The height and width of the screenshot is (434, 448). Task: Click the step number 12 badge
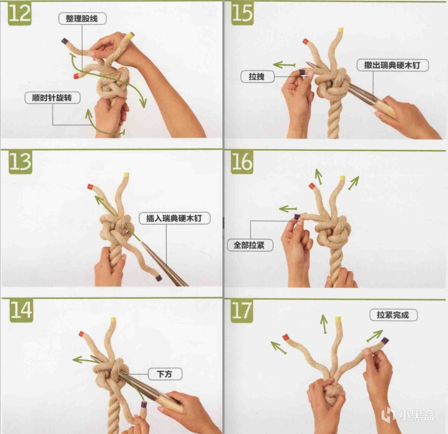click(x=20, y=14)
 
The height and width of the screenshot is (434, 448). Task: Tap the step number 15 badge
click(x=242, y=13)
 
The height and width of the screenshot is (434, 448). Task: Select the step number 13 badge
click(x=20, y=162)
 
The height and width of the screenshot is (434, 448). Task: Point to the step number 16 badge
click(x=242, y=162)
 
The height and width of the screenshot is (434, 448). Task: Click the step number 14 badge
click(x=21, y=311)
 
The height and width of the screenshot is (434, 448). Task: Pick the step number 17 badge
click(x=242, y=311)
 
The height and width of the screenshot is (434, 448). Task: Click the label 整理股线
click(x=82, y=19)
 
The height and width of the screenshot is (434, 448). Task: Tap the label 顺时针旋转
click(x=52, y=98)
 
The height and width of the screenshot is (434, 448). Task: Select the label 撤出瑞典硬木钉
click(x=392, y=65)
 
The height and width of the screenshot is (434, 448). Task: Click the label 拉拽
click(x=257, y=77)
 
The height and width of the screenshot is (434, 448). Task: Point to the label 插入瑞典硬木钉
click(x=174, y=218)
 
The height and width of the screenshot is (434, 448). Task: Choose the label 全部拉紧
click(x=250, y=245)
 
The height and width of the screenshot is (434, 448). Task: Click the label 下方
click(x=165, y=374)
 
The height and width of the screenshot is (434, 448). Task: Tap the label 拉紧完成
click(x=393, y=315)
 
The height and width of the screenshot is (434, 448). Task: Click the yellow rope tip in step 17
click(x=338, y=319)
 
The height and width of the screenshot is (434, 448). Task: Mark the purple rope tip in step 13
click(x=159, y=278)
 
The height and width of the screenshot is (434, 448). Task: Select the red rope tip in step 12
click(x=76, y=76)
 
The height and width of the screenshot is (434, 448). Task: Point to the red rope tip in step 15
click(x=306, y=42)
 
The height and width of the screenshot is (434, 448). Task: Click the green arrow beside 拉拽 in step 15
click(x=284, y=65)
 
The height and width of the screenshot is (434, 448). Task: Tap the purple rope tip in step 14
click(x=144, y=404)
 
